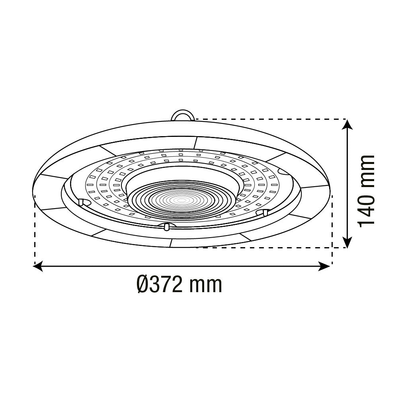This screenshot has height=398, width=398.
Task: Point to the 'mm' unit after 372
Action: [205, 285]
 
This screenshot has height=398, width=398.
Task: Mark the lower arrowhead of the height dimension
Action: [348, 241]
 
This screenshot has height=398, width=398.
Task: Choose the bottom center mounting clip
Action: [166, 226]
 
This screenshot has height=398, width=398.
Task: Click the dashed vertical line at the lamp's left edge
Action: [35, 231]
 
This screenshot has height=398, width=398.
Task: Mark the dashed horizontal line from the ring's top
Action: [271, 119]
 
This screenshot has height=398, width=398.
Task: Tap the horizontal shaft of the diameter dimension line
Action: [183, 266]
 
